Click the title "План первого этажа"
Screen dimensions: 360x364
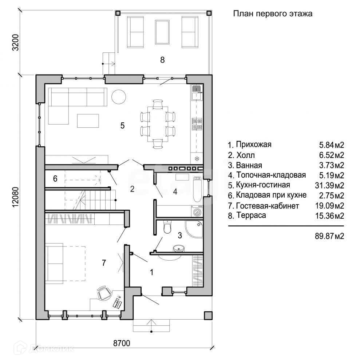click(273, 14)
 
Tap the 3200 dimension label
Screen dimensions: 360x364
click(15, 43)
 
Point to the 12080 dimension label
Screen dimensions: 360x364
click(15, 197)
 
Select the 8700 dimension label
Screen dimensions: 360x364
click(122, 343)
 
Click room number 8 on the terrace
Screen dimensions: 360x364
click(162, 60)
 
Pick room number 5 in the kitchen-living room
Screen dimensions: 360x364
click(123, 126)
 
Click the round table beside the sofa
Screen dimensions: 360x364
click(119, 96)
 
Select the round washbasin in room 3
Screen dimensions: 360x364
click(179, 248)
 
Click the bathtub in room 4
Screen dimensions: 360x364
click(197, 189)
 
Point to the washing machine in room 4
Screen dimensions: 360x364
click(197, 211)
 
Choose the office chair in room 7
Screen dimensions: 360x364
click(104, 293)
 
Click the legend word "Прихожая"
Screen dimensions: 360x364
click(254, 145)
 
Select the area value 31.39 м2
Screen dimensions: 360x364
click(329, 186)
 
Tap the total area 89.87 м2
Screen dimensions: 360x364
click(329, 236)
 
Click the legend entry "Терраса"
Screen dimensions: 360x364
click(247, 215)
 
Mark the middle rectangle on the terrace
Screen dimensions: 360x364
click(162, 32)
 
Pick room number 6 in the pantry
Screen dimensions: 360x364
click(55, 178)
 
